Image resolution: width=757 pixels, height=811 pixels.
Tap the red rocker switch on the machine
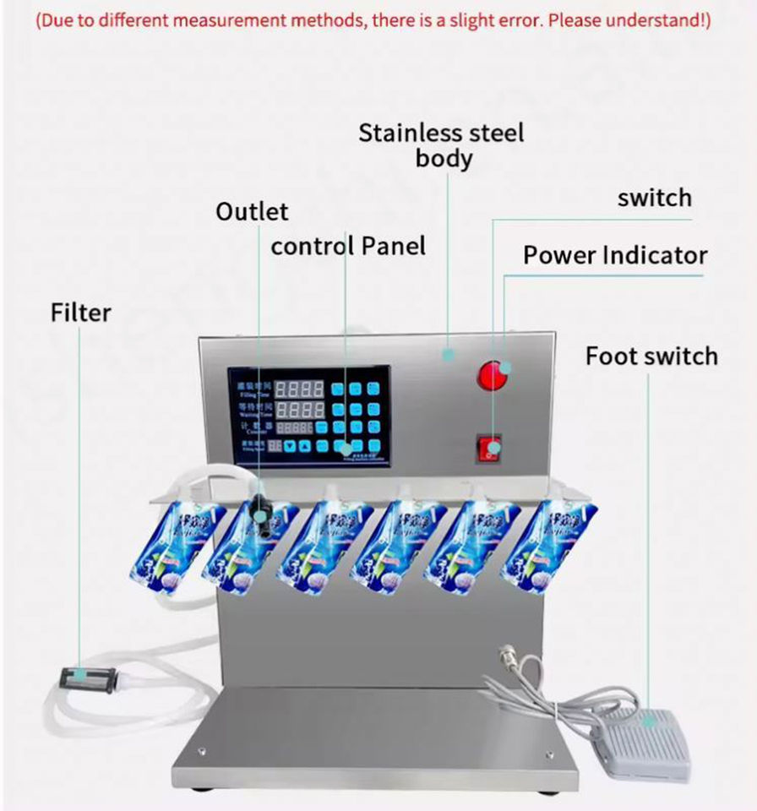click(488, 448)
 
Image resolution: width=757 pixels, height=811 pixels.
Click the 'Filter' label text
click(80, 313)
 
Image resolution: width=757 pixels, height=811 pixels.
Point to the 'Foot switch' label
click(651, 356)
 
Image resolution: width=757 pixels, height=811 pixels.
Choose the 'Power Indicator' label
click(615, 255)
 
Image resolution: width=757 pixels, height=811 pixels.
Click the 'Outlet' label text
click(252, 211)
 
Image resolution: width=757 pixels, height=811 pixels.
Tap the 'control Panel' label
click(348, 246)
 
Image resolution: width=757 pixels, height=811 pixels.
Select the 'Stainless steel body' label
click(442, 145)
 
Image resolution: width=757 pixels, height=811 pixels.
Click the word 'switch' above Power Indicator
click(654, 198)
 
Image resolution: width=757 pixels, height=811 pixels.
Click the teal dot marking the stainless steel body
click(449, 354)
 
